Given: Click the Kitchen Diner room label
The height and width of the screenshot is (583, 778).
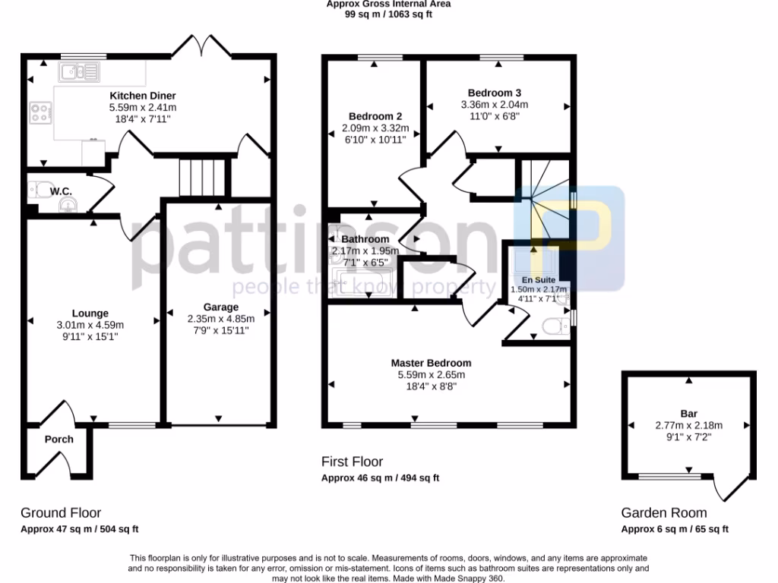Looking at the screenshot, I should tap(143, 96).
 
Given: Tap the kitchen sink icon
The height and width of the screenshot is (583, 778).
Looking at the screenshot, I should tap(80, 72).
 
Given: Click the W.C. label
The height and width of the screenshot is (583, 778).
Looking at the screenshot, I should tap(62, 192).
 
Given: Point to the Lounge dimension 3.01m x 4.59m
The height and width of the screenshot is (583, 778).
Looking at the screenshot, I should tap(90, 325).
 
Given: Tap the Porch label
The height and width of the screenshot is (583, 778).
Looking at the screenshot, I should tap(59, 440).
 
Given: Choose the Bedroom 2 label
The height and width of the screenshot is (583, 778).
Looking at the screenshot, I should tap(375, 116).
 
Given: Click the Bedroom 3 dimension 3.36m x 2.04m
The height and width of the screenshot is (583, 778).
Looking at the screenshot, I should tap(494, 105).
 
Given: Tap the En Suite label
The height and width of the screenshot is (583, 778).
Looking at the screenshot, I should tap(539, 279).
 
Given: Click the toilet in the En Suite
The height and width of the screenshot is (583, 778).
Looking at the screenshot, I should tap(556, 326).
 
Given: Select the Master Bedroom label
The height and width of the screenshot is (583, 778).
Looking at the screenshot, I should tap(431, 363).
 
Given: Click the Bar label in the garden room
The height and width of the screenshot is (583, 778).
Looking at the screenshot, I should tap(688, 414).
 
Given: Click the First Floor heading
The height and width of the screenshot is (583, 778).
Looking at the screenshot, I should tap(352, 462).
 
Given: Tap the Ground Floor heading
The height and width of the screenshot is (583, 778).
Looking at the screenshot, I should tap(61, 513).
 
